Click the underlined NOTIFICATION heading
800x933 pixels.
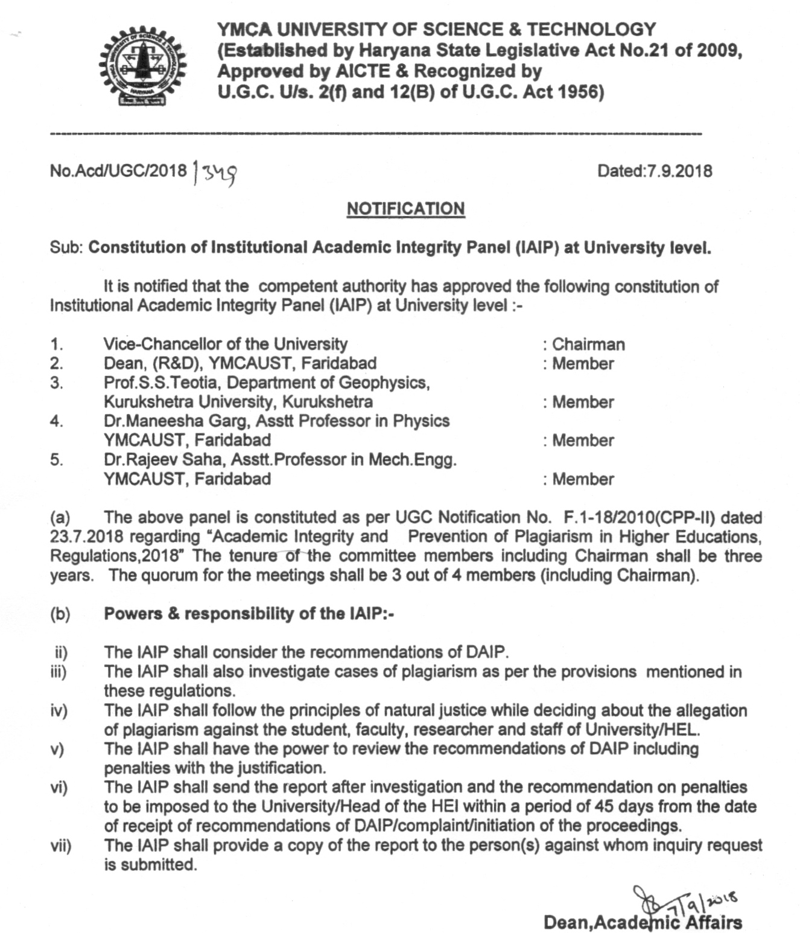click(405, 209)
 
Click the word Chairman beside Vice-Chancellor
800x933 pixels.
click(588, 345)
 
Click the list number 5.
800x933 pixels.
click(56, 460)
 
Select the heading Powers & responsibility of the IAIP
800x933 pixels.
click(249, 614)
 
